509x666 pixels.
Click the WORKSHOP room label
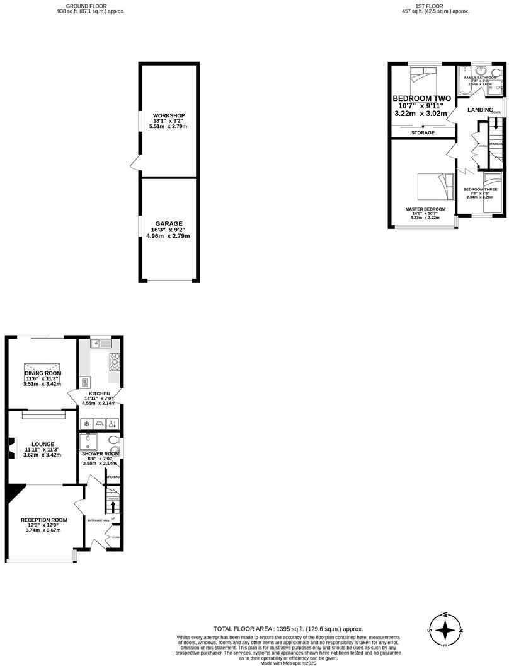pyautogui.click(x=169, y=115)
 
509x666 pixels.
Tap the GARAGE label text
pyautogui.click(x=169, y=223)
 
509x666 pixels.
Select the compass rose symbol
pyautogui.click(x=445, y=630)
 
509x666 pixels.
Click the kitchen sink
pyautogui.click(x=100, y=344)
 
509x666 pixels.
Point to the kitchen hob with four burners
pyautogui.click(x=115, y=361)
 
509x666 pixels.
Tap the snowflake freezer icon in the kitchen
pyautogui.click(x=86, y=424)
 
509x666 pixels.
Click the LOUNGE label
pyautogui.click(x=43, y=444)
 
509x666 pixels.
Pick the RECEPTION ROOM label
pyautogui.click(x=43, y=520)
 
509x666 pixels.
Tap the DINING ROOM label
pyautogui.click(x=43, y=373)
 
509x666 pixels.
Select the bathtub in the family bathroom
pyautogui.click(x=463, y=81)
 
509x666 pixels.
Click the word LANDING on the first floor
pyautogui.click(x=479, y=110)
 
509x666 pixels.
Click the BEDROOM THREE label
pyautogui.click(x=480, y=189)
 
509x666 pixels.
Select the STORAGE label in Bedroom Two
pyautogui.click(x=423, y=133)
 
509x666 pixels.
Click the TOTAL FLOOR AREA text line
pyautogui.click(x=289, y=629)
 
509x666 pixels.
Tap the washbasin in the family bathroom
pyautogui.click(x=483, y=71)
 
